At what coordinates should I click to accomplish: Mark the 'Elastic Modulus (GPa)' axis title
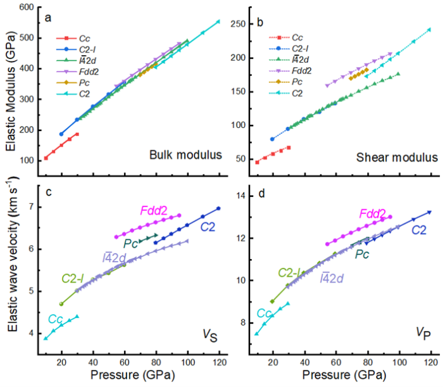coord(11,92)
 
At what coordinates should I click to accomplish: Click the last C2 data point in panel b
coord(429,29)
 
